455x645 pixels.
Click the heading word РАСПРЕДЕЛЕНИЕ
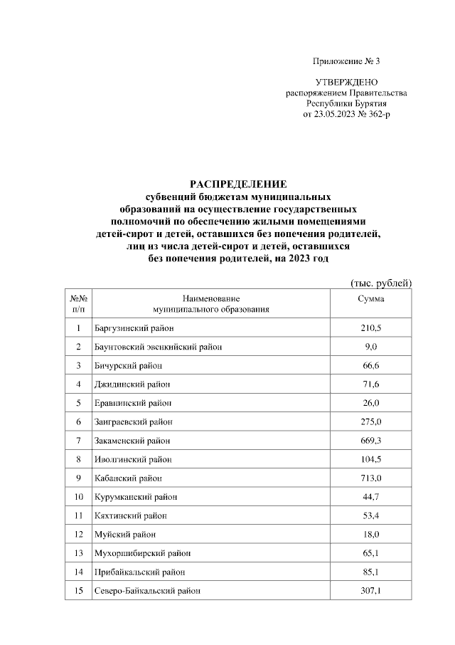click(237, 184)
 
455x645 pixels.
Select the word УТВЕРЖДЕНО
click(346, 83)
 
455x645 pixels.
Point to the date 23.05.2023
click(328, 113)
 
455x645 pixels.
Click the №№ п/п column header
click(78, 304)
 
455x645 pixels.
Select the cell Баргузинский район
click(134, 328)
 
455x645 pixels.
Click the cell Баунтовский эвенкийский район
click(158, 347)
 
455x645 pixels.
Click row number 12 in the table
click(78, 534)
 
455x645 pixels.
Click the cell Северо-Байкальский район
click(147, 590)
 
